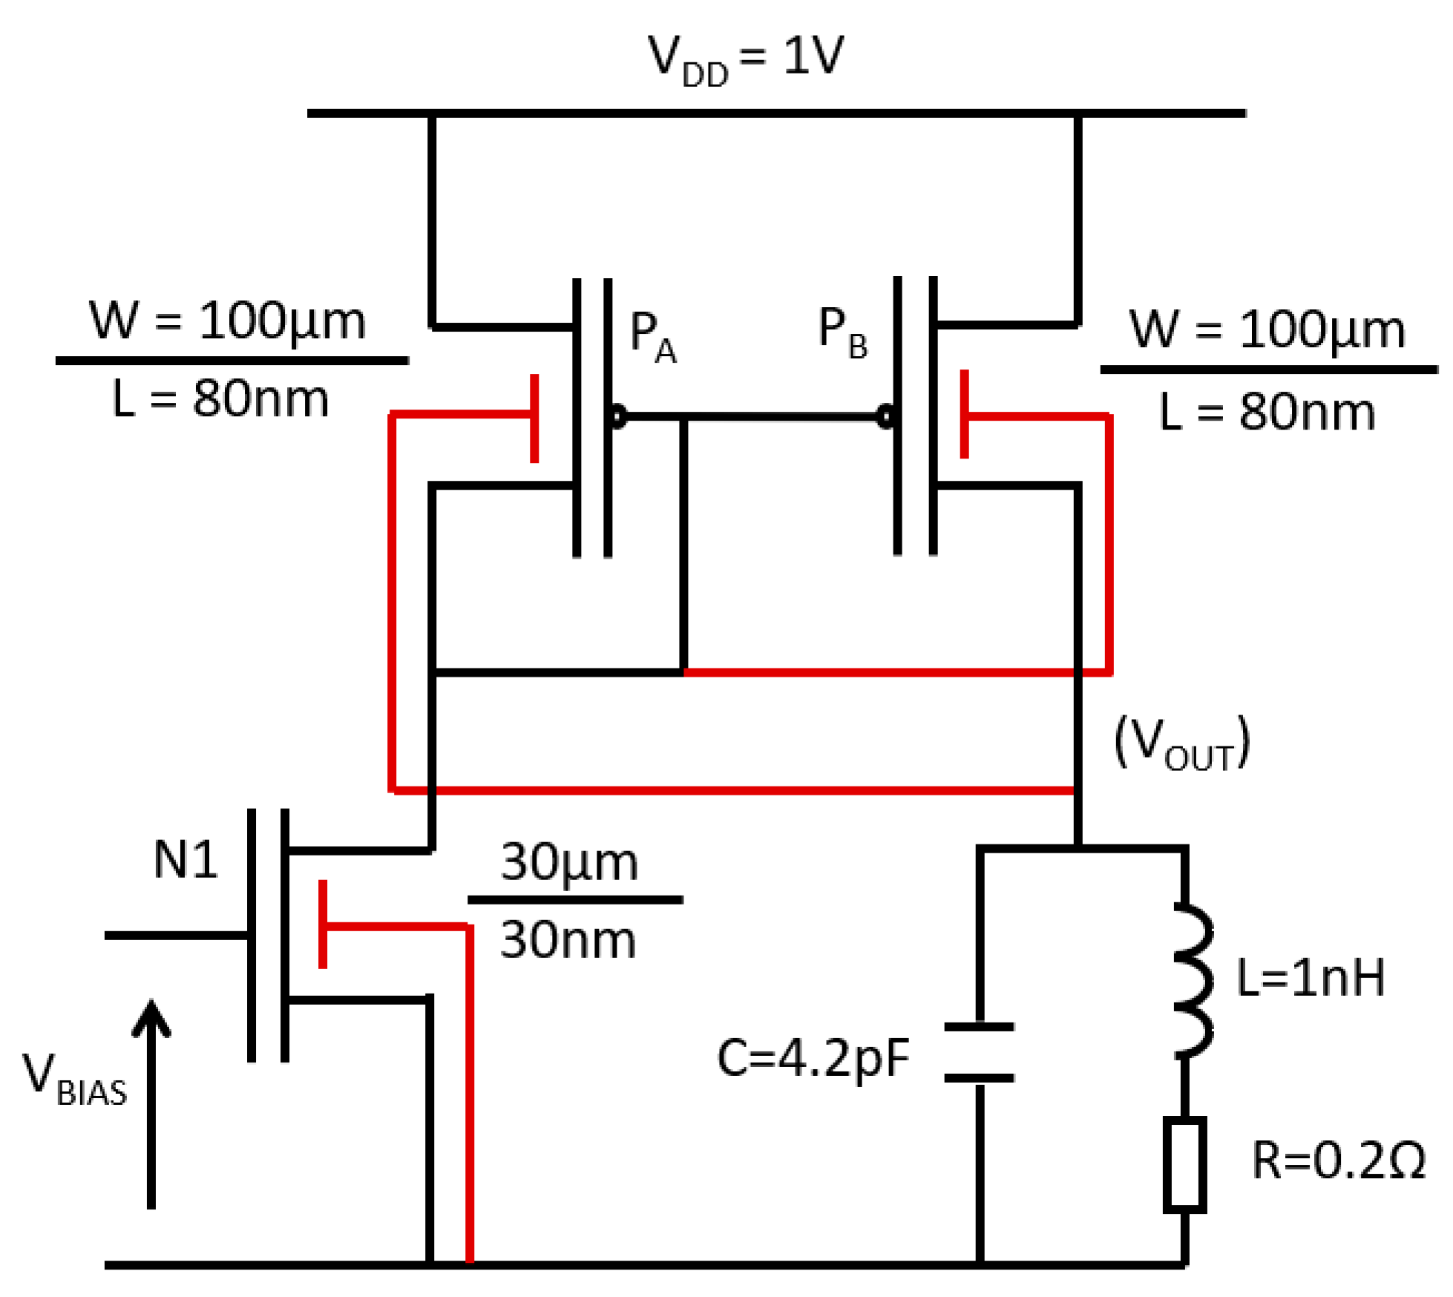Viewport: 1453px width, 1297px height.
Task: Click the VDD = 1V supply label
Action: [x=745, y=58]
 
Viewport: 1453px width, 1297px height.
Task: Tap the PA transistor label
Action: [x=652, y=335]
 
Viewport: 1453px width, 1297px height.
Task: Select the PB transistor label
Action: [x=842, y=332]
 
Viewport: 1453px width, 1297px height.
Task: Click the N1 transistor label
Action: [x=185, y=859]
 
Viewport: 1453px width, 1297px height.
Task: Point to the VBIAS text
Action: [x=73, y=1080]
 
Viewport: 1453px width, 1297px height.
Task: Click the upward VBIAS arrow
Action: [x=151, y=1098]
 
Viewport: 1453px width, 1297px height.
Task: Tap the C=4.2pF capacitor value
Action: [x=812, y=1057]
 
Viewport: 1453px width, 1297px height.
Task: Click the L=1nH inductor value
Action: [x=1310, y=976]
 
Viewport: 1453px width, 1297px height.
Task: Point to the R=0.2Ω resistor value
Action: [x=1337, y=1160]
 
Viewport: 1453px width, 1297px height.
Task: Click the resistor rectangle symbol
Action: [x=1184, y=1164]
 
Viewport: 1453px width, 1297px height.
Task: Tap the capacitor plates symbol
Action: [x=979, y=1051]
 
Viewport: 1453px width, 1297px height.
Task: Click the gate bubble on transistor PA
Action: [x=617, y=416]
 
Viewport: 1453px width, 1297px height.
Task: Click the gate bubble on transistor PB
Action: [x=885, y=416]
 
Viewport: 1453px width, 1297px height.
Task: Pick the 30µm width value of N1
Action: [x=568, y=862]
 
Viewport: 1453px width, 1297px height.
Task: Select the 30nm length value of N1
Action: [x=568, y=939]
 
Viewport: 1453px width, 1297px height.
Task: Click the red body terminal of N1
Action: [x=323, y=924]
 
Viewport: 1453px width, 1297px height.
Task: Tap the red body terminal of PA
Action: [x=534, y=418]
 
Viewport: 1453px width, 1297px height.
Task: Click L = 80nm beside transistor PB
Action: [x=1266, y=412]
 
